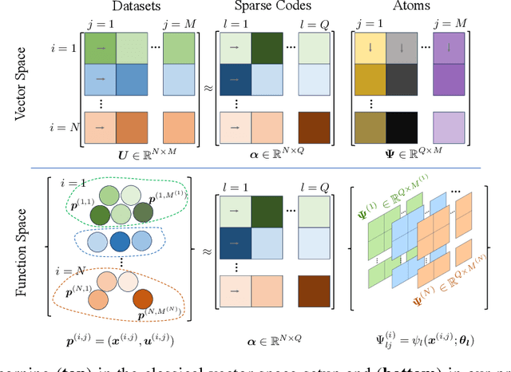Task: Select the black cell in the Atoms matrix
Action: (x=402, y=127)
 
